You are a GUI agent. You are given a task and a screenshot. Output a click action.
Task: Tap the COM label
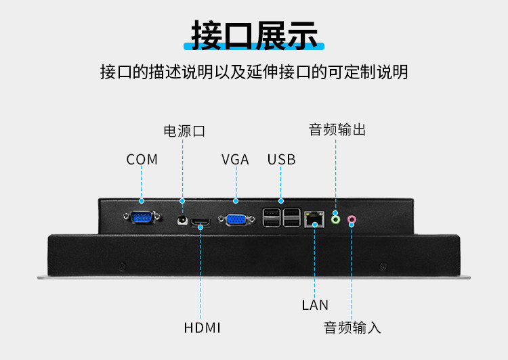(x=142, y=160)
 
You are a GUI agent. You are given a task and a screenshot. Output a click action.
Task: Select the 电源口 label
(x=184, y=131)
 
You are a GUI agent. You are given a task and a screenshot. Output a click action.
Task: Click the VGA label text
(x=236, y=160)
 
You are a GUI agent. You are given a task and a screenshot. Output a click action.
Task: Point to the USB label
(x=282, y=160)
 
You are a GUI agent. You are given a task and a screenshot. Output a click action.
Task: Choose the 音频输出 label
(x=337, y=129)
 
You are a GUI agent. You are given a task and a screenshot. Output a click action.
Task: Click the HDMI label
(x=203, y=328)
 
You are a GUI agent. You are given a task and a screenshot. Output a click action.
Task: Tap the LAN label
(x=315, y=305)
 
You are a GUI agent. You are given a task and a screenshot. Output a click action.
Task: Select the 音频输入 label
(x=352, y=328)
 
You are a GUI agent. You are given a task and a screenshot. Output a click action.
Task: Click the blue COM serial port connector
(x=142, y=217)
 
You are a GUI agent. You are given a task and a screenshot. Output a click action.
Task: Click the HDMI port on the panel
(x=200, y=221)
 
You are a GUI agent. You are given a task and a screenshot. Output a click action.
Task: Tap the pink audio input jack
(x=352, y=219)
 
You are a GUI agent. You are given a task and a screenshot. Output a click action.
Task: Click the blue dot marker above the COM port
(x=142, y=200)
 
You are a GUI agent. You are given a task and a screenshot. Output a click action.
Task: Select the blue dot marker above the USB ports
(x=281, y=200)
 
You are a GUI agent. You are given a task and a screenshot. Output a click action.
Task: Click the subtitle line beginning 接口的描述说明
(x=254, y=72)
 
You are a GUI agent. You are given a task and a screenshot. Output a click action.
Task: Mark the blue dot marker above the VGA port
(x=236, y=200)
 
